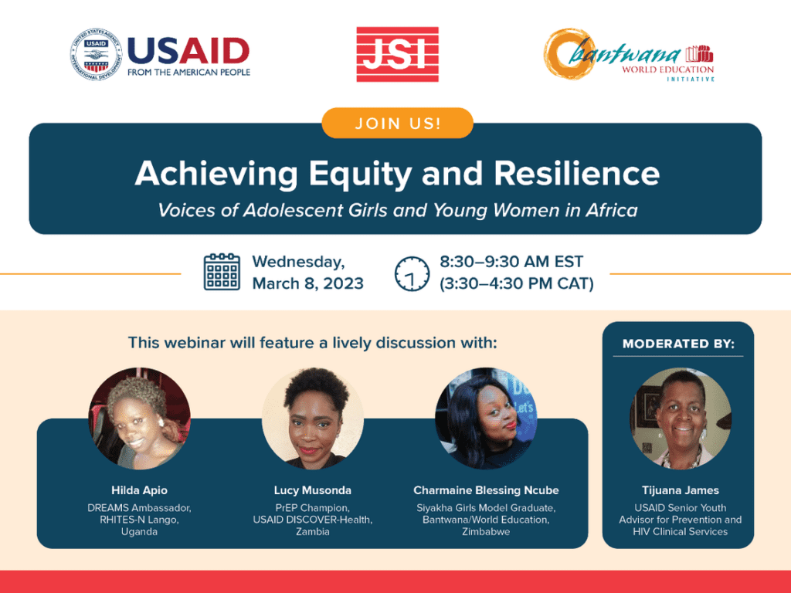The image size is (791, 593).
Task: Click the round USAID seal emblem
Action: coord(96,55)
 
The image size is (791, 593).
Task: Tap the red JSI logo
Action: coord(398,55)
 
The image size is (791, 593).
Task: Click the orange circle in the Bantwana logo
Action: coord(569,53)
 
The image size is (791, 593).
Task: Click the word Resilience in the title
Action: coord(576,173)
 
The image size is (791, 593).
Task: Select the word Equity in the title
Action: coord(360,175)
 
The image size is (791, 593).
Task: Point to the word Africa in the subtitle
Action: coord(612,210)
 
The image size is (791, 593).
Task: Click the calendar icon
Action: coord(222,272)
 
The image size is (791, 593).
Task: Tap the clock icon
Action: coord(412,273)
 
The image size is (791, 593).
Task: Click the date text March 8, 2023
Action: coord(307,283)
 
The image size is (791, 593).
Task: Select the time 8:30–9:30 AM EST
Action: coord(511,262)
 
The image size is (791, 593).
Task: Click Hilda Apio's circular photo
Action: coord(139,418)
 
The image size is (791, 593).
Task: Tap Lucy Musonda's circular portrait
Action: coord(313,418)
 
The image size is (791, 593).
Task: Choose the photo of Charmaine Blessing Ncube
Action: coord(486,418)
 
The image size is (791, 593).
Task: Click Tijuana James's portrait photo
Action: coord(681,418)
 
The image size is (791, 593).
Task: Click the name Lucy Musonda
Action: coord(313,490)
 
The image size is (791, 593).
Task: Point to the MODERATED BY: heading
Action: coord(678,344)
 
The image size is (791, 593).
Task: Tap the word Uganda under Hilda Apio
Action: coord(139,532)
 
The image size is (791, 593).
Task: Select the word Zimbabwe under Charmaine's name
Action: coord(486,531)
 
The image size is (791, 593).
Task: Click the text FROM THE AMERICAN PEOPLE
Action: coord(188,73)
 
